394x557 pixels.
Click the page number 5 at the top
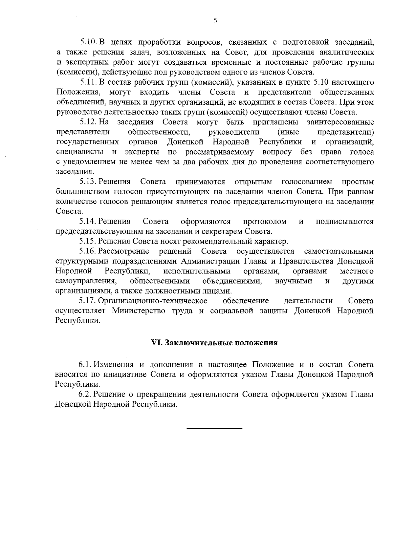pyautogui.click(x=215, y=21)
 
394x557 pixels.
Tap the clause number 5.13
pyautogui.click(x=88, y=182)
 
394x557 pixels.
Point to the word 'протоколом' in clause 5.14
pyautogui.click(x=265, y=222)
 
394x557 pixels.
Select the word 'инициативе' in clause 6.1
pyautogui.click(x=125, y=374)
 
